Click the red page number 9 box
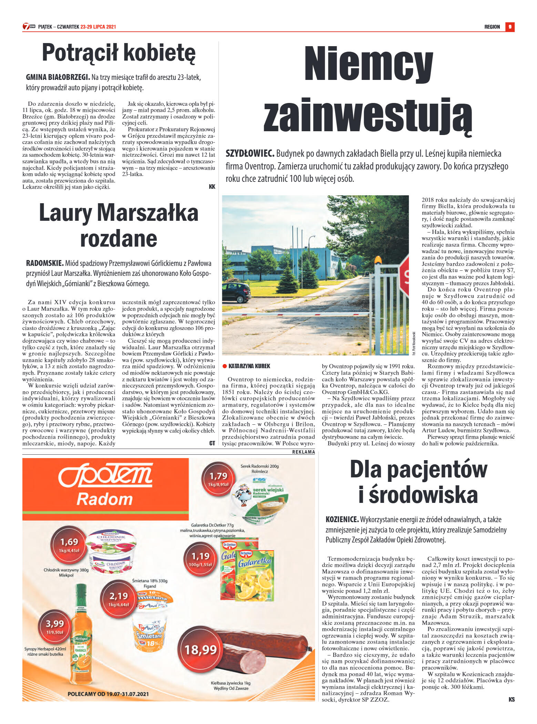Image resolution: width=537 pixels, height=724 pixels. (x=510, y=27)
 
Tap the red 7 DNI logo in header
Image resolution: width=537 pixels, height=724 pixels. (x=28, y=27)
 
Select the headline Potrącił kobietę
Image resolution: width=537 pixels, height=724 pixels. (x=119, y=53)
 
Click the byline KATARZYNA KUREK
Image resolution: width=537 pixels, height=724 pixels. (x=249, y=366)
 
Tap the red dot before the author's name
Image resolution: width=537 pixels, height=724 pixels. (x=225, y=366)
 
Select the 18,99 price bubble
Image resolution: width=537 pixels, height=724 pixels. (x=200, y=650)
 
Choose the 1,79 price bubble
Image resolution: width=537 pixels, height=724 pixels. (x=218, y=478)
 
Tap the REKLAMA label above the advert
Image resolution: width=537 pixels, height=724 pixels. (x=303, y=452)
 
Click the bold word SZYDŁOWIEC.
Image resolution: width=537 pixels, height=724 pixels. (x=250, y=154)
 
